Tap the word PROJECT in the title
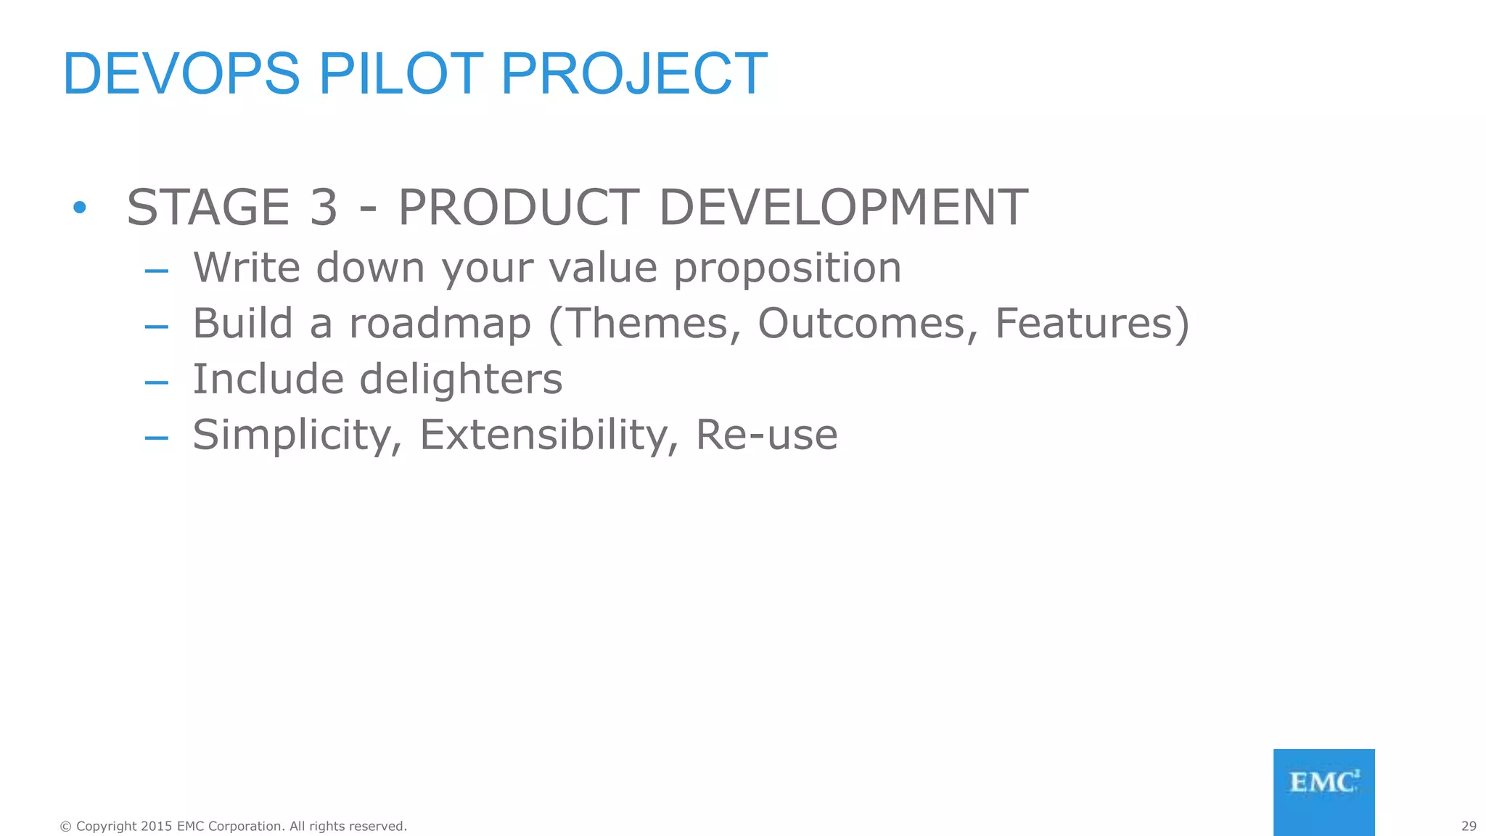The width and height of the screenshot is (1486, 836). pyautogui.click(x=633, y=74)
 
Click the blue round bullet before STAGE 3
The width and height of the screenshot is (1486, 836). pyautogui.click(x=80, y=208)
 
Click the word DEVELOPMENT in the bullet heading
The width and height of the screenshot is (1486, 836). pyautogui.click(x=843, y=208)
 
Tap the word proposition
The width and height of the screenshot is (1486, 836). pyautogui.click(x=787, y=269)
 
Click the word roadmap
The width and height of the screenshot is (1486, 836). pyautogui.click(x=440, y=324)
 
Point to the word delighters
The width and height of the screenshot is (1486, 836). pyautogui.click(x=461, y=379)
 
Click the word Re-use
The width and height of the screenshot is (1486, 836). pyautogui.click(x=766, y=435)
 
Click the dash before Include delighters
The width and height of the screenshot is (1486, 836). pyautogui.click(x=156, y=382)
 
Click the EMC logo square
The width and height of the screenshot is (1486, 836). pyautogui.click(x=1323, y=792)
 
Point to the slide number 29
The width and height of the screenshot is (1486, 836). pyautogui.click(x=1469, y=826)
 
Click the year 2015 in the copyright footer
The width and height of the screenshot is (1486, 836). pyautogui.click(x=156, y=826)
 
